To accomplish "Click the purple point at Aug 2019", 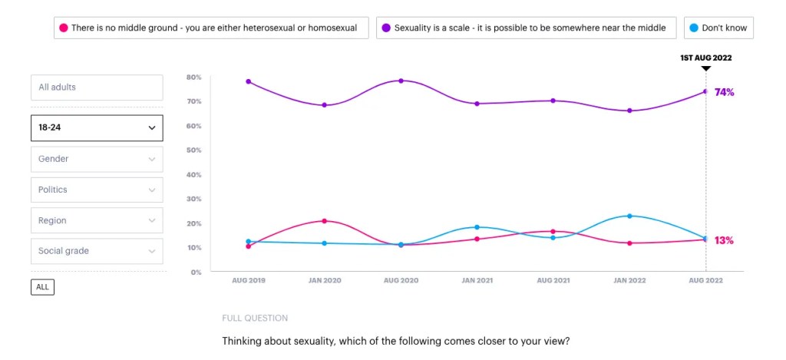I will (x=249, y=81).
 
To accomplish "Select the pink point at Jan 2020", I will (x=325, y=221).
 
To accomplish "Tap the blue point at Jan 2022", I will (x=629, y=216).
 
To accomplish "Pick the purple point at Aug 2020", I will (x=401, y=81).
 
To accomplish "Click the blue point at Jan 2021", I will (x=477, y=227).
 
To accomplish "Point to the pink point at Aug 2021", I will (x=553, y=231).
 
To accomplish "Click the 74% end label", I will (x=724, y=92).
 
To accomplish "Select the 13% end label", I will (x=724, y=240).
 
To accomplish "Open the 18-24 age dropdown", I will (x=97, y=128).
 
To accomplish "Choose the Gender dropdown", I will (x=97, y=159).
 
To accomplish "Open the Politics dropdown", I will (x=97, y=190).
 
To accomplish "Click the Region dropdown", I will (x=97, y=220).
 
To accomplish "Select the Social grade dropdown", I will (x=97, y=251).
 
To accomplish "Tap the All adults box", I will (x=97, y=88).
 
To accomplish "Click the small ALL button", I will (x=42, y=287).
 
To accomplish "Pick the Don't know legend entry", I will (x=718, y=28).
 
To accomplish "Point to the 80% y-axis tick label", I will (x=193, y=78).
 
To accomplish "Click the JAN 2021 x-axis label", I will (x=477, y=281).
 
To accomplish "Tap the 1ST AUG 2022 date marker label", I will (x=706, y=58).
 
